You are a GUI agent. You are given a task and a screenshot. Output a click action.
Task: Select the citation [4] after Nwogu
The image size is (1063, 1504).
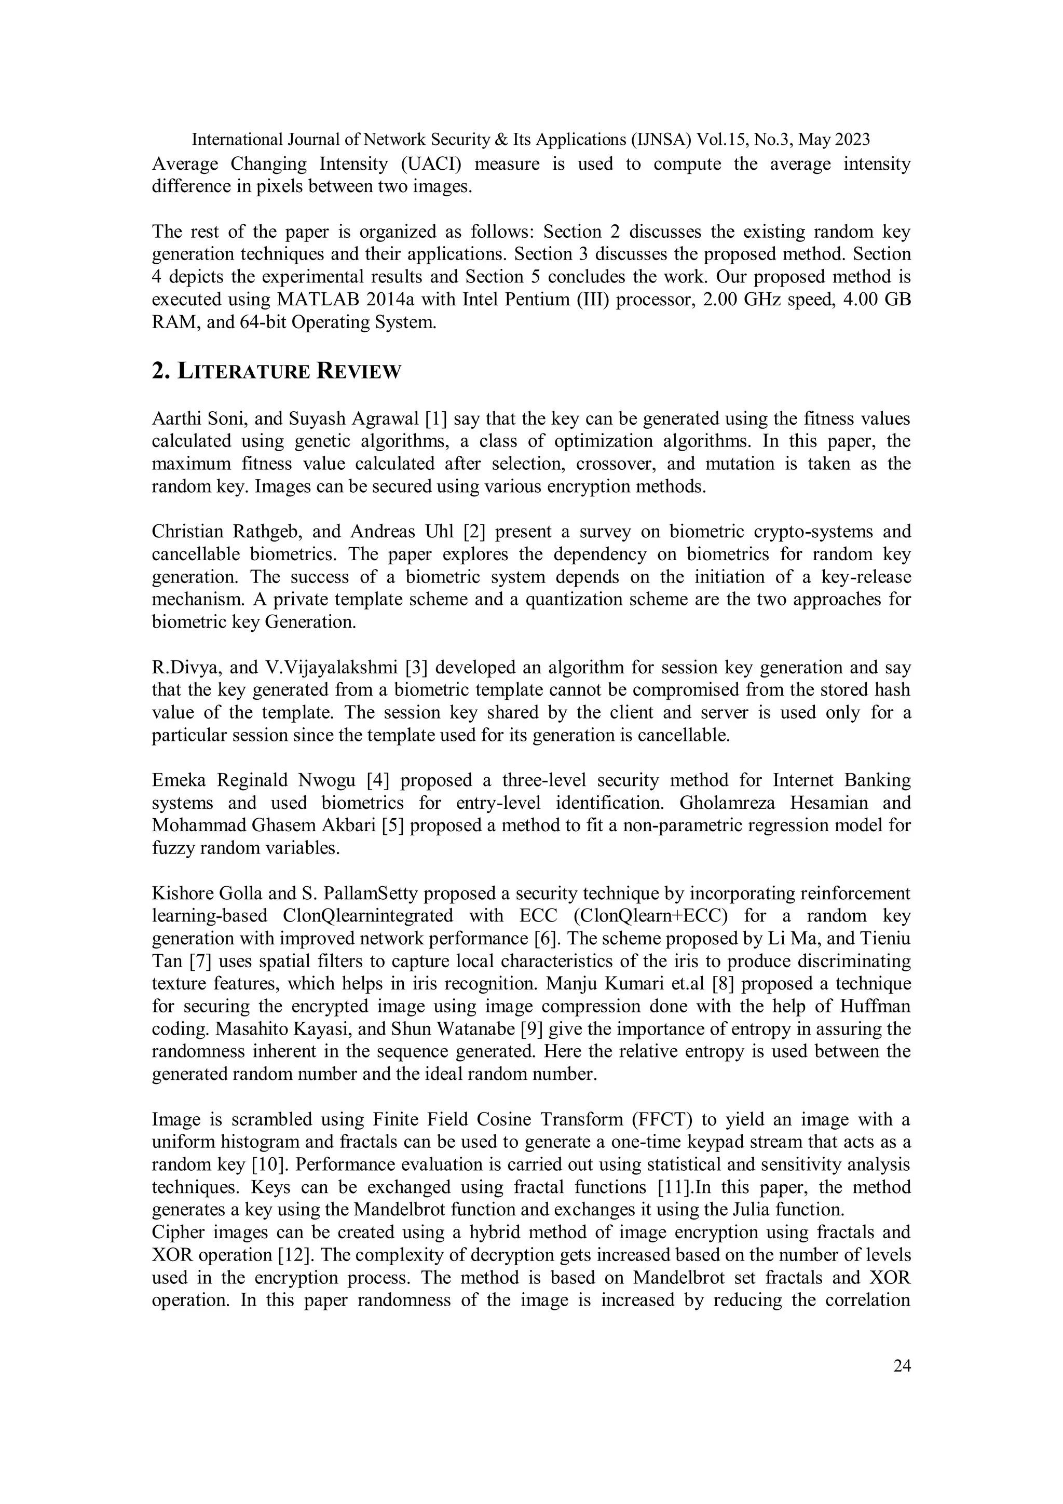pos(378,780)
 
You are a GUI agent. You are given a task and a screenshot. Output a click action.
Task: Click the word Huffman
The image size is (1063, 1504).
pos(875,1006)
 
